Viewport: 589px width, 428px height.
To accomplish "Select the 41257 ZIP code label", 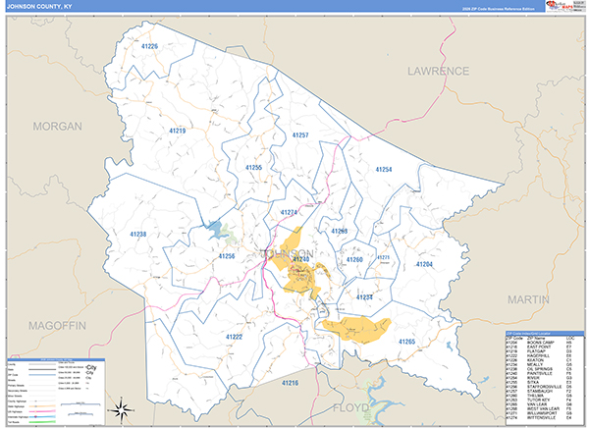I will (x=300, y=134).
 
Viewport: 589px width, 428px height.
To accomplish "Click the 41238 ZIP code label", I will (x=137, y=235).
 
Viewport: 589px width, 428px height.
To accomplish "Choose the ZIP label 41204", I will (x=424, y=265).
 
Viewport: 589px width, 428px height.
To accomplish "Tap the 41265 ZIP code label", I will (x=406, y=341).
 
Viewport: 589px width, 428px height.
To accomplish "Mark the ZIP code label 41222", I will (x=234, y=337).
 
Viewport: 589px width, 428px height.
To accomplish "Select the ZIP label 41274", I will (x=289, y=212).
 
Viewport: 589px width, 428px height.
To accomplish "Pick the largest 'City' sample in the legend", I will (x=91, y=365).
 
